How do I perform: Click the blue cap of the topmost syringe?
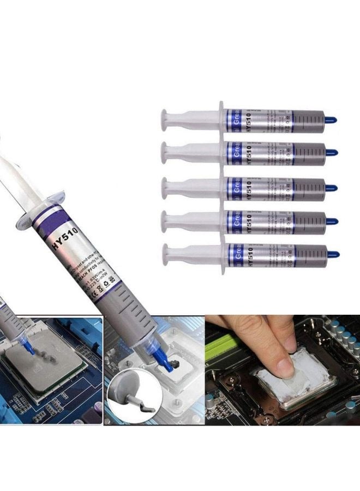pyautogui.click(x=332, y=118)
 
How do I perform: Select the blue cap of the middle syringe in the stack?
pyautogui.click(x=332, y=188)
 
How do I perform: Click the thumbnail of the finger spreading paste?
pyautogui.click(x=282, y=371)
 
